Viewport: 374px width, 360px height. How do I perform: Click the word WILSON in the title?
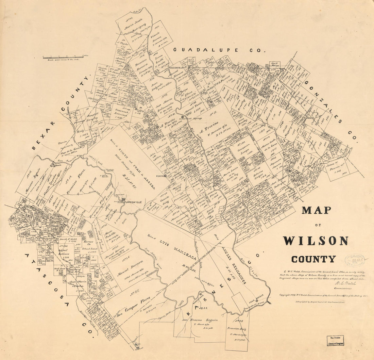pyautogui.click(x=316, y=241)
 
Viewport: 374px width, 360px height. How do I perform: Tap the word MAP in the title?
pyautogui.click(x=316, y=210)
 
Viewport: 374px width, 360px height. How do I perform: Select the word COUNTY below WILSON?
pyautogui.click(x=313, y=259)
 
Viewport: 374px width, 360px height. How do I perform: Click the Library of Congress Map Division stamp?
pyautogui.click(x=335, y=341)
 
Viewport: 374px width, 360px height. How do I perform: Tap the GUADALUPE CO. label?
pyautogui.click(x=219, y=50)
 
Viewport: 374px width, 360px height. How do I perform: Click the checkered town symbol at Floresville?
pyautogui.click(x=124, y=200)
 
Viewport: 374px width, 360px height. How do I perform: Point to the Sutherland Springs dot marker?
pyautogui.click(x=183, y=117)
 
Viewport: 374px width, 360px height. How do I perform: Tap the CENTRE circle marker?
pyautogui.click(x=166, y=176)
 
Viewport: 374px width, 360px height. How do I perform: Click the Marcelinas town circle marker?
pyautogui.click(x=201, y=294)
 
